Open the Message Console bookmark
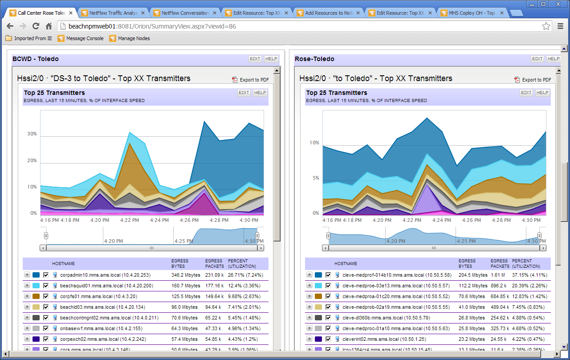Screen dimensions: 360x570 point(85,38)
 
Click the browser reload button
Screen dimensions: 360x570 point(36,26)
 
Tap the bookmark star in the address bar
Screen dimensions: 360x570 point(546,26)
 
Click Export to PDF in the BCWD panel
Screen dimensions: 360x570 point(254,80)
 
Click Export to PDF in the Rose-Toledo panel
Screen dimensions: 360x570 point(536,80)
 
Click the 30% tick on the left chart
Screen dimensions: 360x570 point(32,134)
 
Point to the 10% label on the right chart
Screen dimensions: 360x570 point(314,143)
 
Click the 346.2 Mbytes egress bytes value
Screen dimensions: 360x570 point(186,275)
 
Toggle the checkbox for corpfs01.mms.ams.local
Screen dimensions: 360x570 point(46,296)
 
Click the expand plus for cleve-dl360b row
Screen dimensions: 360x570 point(309,318)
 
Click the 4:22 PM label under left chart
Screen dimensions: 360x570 point(129,220)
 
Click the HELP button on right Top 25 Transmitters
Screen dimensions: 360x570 point(542,93)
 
